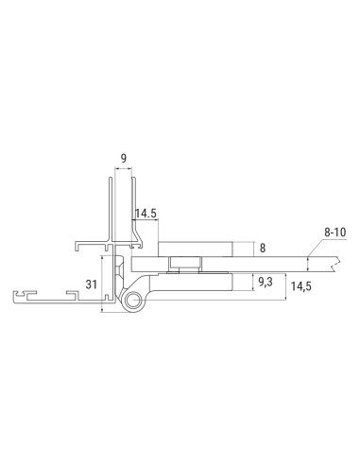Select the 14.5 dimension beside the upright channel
pos(145,215)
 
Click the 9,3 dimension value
pos(265,281)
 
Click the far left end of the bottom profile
pos(17,298)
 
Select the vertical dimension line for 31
pos(102,284)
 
